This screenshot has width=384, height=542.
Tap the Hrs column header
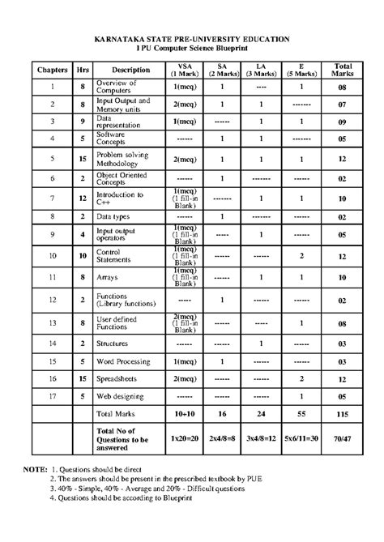click(x=83, y=70)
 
